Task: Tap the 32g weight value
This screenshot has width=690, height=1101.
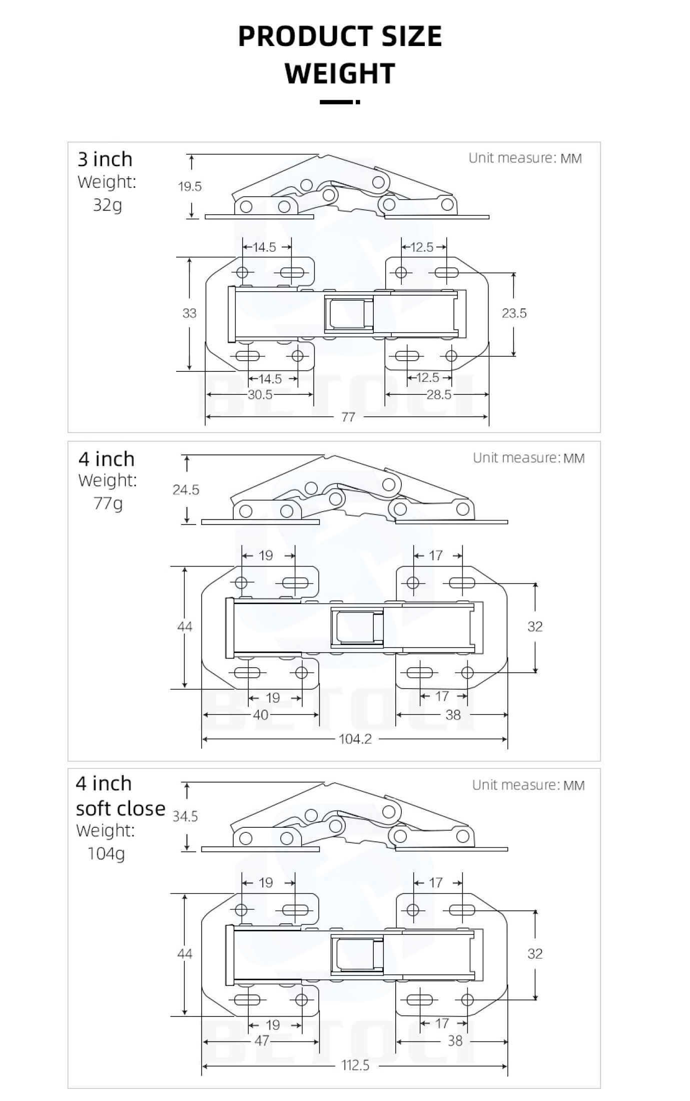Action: click(x=108, y=205)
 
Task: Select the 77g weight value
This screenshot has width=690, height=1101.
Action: click(x=108, y=503)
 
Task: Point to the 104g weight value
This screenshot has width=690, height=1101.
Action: click(x=106, y=853)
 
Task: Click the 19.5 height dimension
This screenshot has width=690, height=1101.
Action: click(x=190, y=187)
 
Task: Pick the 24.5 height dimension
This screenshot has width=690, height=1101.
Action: click(x=186, y=490)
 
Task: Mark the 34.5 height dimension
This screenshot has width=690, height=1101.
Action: click(x=185, y=817)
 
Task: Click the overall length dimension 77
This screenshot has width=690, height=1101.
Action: click(x=348, y=417)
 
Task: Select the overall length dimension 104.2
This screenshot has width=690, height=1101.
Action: click(x=355, y=739)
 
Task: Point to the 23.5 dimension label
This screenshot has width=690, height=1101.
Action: click(x=514, y=313)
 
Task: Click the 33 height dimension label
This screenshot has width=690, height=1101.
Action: click(x=189, y=313)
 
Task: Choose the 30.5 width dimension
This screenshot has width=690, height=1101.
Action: click(x=260, y=395)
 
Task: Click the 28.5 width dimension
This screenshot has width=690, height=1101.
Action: click(x=439, y=395)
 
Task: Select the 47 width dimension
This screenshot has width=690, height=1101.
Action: click(x=262, y=1041)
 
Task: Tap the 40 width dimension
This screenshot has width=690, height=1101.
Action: click(x=261, y=715)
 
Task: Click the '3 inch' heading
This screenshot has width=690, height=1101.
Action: click(x=105, y=159)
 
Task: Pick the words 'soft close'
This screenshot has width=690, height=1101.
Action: click(x=121, y=808)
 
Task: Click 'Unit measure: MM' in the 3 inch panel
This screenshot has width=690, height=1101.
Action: click(x=525, y=158)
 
